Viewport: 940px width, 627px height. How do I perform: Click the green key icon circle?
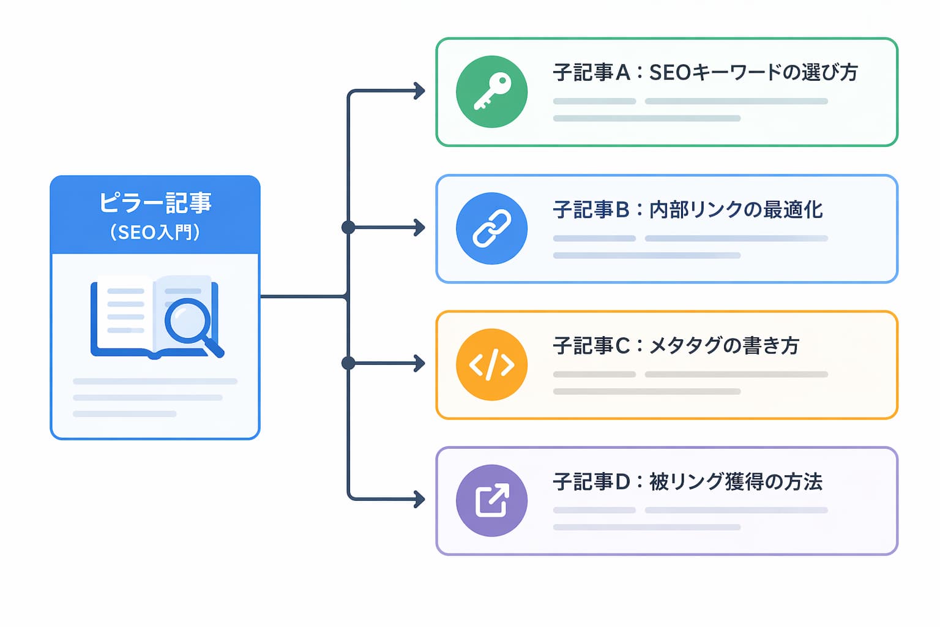click(491, 92)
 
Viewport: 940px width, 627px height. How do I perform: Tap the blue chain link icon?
click(491, 228)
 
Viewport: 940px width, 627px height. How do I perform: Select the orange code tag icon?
click(491, 364)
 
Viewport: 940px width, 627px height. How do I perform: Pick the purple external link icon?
click(491, 501)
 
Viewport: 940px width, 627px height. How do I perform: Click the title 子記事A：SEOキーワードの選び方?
click(705, 72)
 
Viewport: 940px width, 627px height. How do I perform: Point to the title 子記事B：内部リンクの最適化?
click(688, 209)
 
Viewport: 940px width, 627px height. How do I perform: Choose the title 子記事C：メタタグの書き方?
click(676, 345)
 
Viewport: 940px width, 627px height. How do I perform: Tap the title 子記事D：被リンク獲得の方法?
click(688, 481)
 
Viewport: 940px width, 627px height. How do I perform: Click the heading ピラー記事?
click(155, 203)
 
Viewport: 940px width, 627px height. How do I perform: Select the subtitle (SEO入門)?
click(155, 232)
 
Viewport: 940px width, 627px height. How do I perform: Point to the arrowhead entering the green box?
click(419, 91)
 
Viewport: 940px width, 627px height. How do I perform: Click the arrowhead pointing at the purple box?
click(419, 499)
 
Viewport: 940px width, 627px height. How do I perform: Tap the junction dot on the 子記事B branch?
click(348, 228)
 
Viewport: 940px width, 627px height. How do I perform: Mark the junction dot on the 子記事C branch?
click(348, 363)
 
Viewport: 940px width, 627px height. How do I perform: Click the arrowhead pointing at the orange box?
click(419, 363)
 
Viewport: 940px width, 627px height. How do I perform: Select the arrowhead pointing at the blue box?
click(419, 228)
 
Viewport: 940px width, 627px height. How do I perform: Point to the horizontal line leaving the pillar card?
click(304, 296)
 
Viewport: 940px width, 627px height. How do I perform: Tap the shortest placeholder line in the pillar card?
click(125, 414)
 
